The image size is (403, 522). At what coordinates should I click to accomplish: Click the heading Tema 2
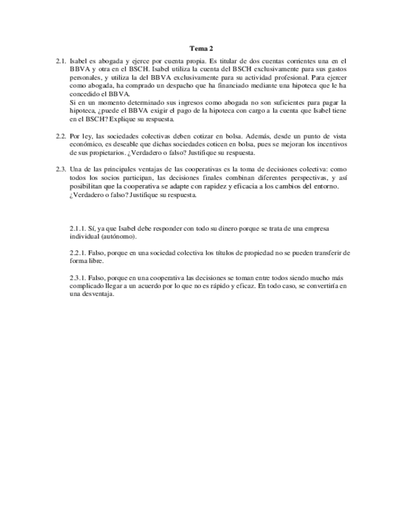coord(202,47)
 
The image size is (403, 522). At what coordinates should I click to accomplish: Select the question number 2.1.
coord(61,62)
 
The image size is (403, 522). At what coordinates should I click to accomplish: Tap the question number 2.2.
coord(61,135)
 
